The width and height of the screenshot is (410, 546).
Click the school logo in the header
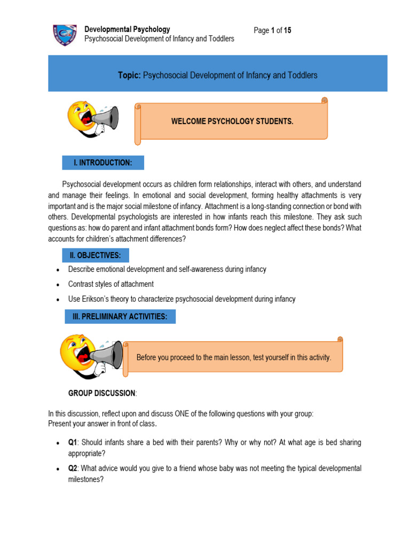click(64, 35)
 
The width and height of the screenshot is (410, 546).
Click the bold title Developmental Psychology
click(128, 29)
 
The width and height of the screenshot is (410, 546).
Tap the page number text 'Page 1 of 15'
click(272, 30)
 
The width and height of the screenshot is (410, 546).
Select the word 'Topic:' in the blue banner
click(129, 75)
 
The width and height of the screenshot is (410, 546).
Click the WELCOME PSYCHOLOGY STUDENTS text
click(232, 122)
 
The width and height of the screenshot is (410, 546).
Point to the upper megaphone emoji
click(92, 118)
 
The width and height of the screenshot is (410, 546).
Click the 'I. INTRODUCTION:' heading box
click(102, 163)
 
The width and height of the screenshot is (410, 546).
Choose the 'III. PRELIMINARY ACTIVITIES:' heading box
click(120, 317)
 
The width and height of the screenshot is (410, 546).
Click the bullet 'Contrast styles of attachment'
click(111, 284)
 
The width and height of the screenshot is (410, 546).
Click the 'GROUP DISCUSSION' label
click(101, 393)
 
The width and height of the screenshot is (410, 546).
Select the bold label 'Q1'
click(73, 443)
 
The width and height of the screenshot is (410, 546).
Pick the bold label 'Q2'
click(73, 469)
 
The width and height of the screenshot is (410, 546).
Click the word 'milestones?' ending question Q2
click(85, 479)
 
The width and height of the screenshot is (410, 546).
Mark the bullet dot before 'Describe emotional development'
click(58, 270)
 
